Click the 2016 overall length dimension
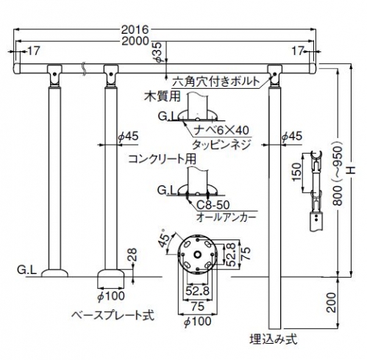pyautogui.click(x=135, y=30)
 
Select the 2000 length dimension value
pyautogui.click(x=135, y=41)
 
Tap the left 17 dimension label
pyautogui.click(x=33, y=51)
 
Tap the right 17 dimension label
pyautogui.click(x=297, y=51)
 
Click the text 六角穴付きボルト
pyautogui.click(x=215, y=82)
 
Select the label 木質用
pyautogui.click(x=163, y=96)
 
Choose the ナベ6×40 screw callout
pyautogui.click(x=221, y=130)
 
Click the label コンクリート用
pyautogui.click(x=163, y=159)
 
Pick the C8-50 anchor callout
pyautogui.click(x=213, y=205)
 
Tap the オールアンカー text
pyautogui.click(x=226, y=217)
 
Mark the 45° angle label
pyautogui.click(x=164, y=239)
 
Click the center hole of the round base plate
pyautogui.click(x=197, y=255)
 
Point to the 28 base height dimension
pyautogui.click(x=132, y=255)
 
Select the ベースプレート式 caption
pyautogui.click(x=113, y=315)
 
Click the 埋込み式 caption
pyautogui.click(x=274, y=339)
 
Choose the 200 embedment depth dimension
pyautogui.click(x=331, y=303)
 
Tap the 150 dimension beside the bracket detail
pyautogui.click(x=296, y=171)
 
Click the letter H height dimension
pyautogui.click(x=352, y=170)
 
